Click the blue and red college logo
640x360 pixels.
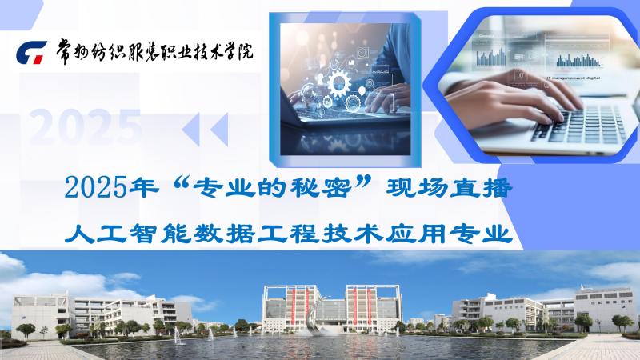point(31,52)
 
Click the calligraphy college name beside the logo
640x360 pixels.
point(154,51)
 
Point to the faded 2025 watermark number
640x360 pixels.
point(86,126)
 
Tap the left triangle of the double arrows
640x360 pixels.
point(191,130)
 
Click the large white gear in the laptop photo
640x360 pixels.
point(338,83)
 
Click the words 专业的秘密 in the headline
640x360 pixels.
point(272,188)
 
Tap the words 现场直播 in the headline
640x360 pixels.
point(449,188)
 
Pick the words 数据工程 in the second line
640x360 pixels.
point(255,234)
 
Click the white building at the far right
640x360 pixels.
point(606,307)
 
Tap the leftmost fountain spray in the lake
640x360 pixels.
point(178,336)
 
